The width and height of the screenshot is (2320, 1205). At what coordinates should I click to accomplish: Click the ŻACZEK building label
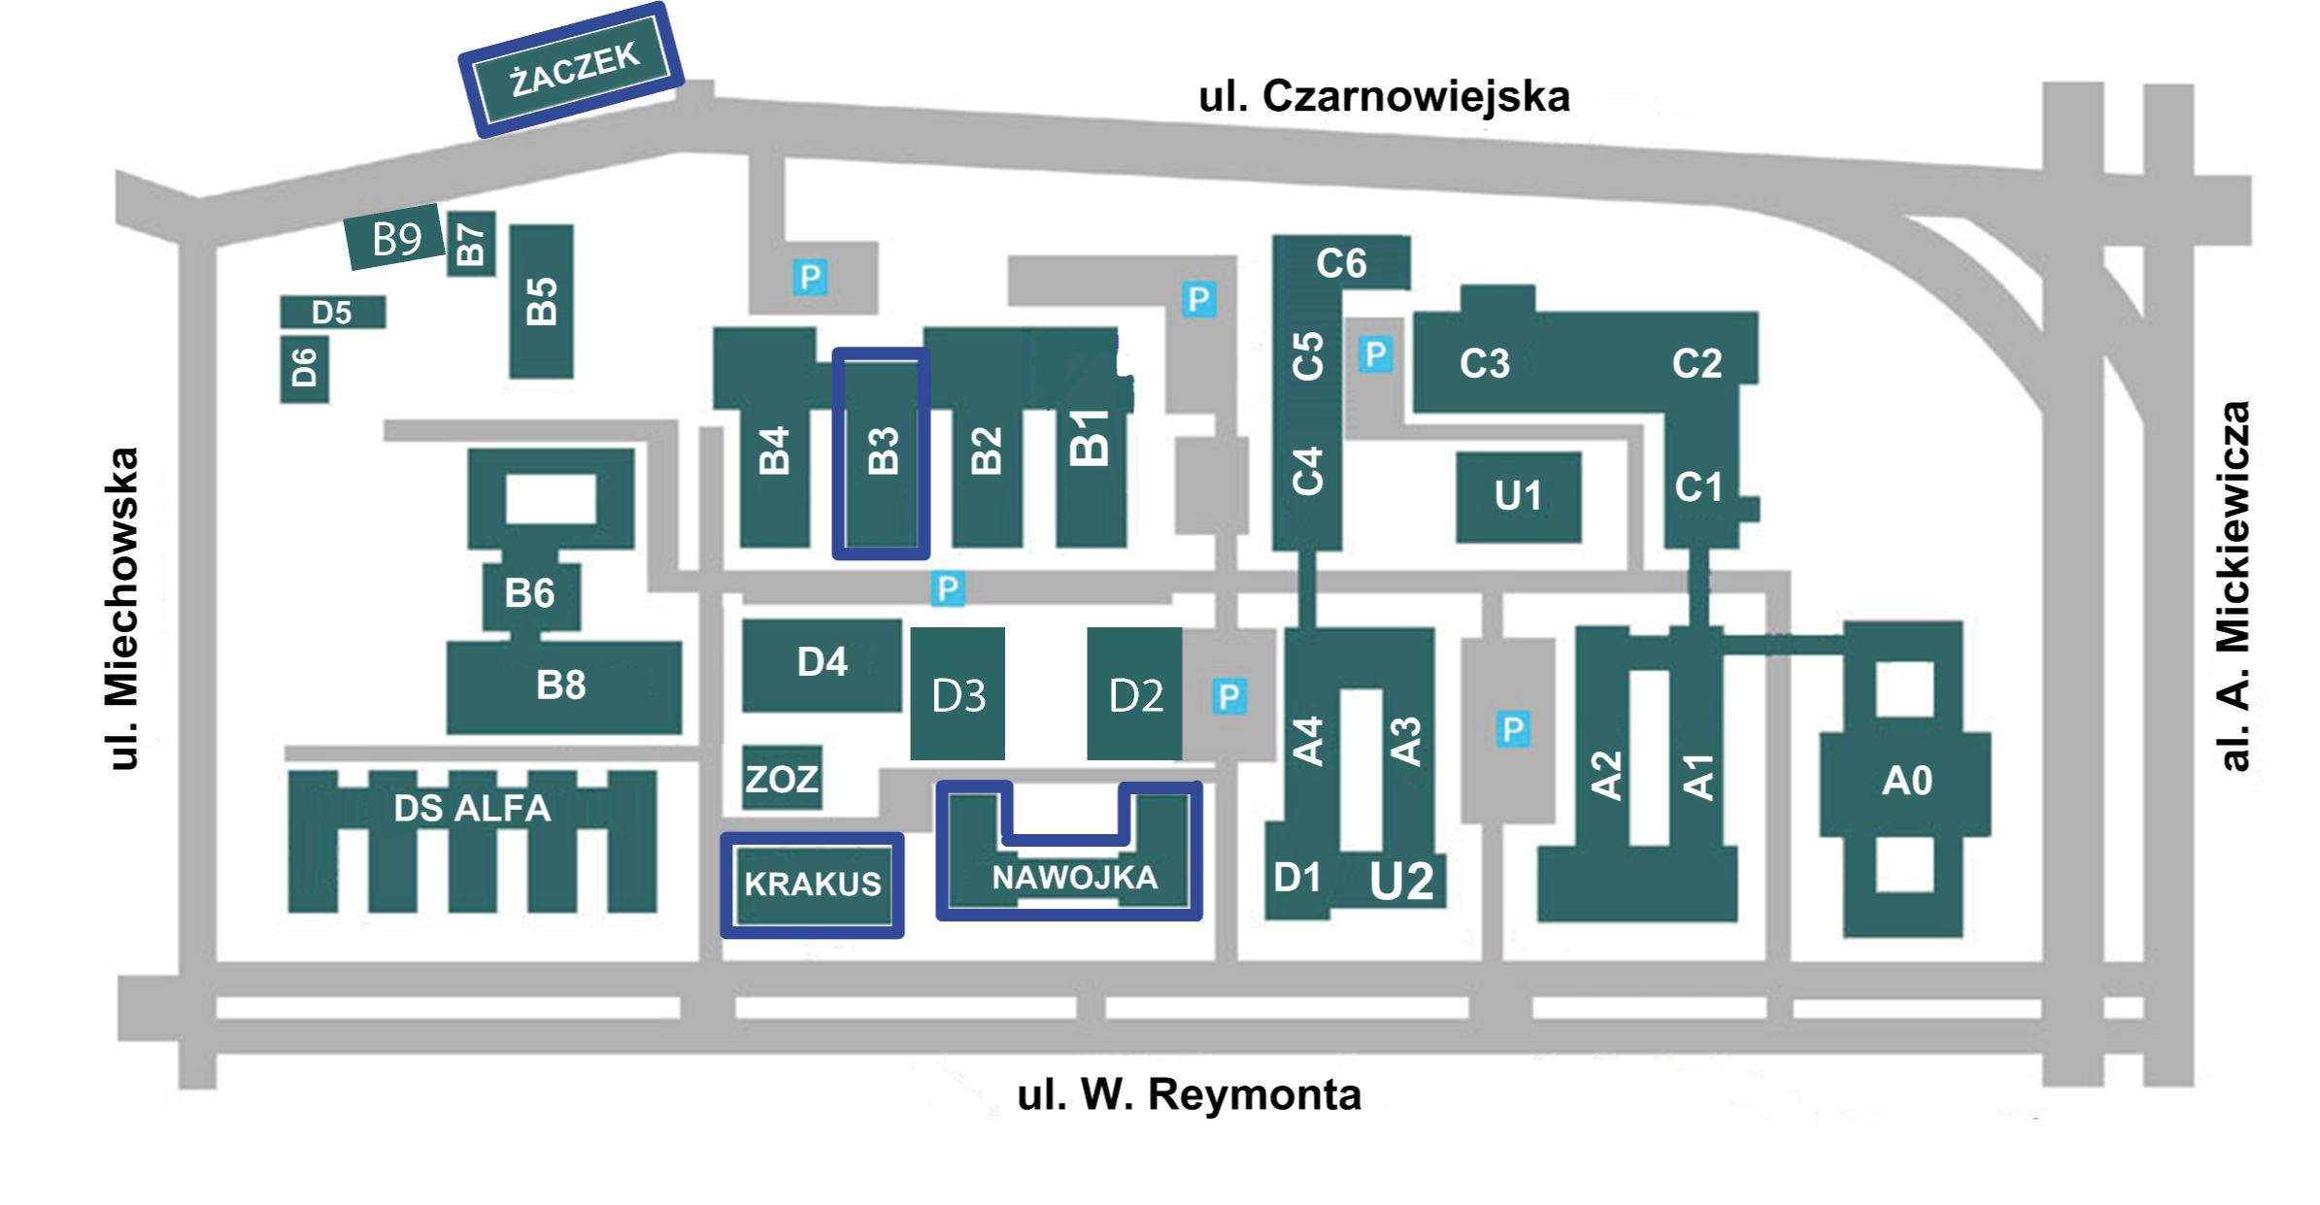574,68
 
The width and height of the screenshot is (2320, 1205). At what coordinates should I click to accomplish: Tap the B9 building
395,238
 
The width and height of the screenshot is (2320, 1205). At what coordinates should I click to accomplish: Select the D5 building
332,313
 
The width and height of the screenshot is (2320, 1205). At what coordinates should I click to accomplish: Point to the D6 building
304,368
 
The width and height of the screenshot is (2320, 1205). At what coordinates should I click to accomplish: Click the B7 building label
471,244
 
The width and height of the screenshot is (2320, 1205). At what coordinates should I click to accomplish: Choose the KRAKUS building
813,884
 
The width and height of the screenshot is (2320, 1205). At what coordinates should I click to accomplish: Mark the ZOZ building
782,778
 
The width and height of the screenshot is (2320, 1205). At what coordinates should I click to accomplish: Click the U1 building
1518,496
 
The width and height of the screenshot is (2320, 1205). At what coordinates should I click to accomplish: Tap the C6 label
1341,263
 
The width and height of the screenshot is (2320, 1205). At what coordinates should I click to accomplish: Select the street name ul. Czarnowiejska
1384,97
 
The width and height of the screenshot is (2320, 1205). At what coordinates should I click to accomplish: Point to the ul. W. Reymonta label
1189,1094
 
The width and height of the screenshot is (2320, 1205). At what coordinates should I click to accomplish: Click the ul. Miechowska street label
122,609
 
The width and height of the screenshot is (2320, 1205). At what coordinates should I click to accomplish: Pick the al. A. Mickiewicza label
2234,586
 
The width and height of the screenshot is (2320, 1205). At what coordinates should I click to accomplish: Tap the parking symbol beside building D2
1229,696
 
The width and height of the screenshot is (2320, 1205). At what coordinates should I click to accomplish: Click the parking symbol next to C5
1375,354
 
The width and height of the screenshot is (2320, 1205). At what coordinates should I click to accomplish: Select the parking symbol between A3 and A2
1513,729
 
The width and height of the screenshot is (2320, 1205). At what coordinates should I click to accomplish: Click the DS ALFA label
472,808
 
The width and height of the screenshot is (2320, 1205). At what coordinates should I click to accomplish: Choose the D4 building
822,663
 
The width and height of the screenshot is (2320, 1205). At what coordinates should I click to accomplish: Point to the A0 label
1906,781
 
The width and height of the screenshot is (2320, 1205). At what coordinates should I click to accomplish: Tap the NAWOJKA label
1074,878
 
